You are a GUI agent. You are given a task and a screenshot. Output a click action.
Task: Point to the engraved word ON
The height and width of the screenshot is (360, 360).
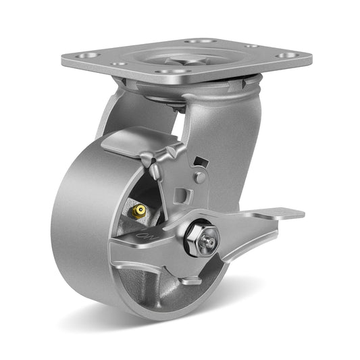click(x=143, y=236)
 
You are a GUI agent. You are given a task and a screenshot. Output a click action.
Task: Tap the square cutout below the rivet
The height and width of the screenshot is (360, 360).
click(x=180, y=196)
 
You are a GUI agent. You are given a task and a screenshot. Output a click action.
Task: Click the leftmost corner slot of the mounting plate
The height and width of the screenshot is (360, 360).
click(x=86, y=55)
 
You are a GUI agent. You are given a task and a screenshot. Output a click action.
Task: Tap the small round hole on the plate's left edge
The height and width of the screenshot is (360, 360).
click(x=121, y=64)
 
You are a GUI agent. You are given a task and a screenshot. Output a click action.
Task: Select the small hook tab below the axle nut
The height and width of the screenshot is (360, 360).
click(x=192, y=279)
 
